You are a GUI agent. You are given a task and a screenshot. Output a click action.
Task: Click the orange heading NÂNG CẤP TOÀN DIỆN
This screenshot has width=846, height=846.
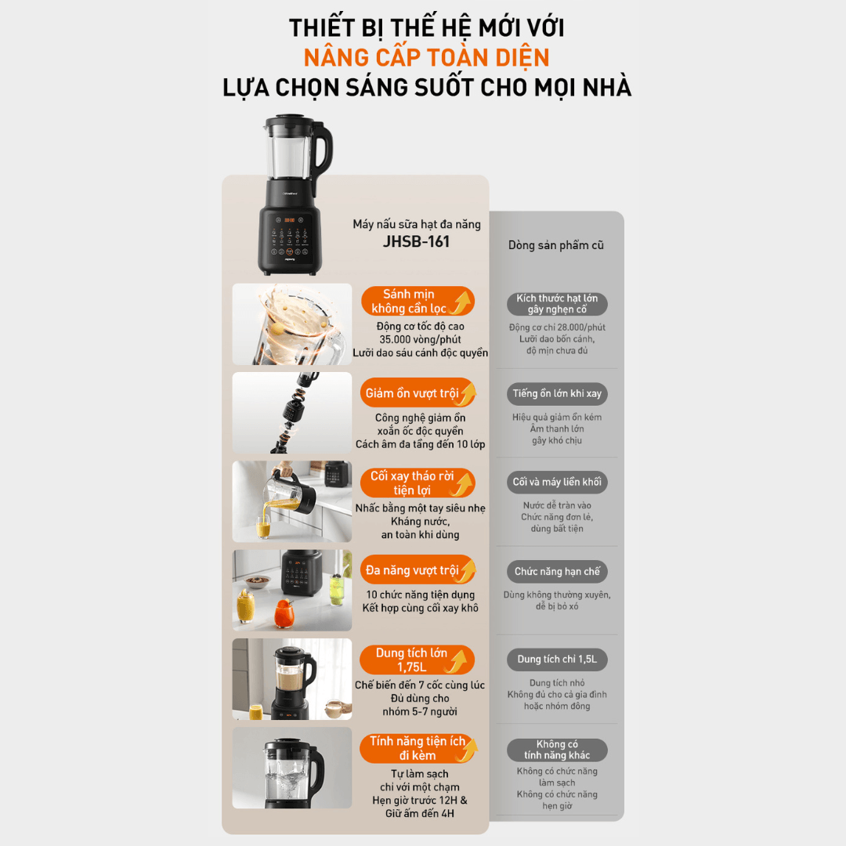tap(426, 57)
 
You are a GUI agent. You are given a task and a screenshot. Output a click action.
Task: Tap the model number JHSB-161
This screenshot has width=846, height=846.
tap(416, 241)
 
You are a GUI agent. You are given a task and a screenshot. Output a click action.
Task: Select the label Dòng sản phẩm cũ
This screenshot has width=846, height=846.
tap(555, 245)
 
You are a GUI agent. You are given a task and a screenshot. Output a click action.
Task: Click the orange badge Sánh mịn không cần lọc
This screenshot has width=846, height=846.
tap(418, 301)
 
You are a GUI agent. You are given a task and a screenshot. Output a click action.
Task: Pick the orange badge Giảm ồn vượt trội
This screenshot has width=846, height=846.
tap(418, 392)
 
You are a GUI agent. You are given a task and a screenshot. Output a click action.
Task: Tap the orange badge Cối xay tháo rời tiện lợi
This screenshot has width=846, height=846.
tap(418, 483)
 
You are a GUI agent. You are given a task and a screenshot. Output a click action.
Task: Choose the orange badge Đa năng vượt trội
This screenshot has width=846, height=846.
tap(418, 569)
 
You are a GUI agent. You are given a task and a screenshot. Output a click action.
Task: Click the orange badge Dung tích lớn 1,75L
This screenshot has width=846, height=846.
tap(418, 660)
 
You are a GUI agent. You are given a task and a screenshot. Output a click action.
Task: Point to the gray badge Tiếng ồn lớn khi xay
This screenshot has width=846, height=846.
tap(558, 393)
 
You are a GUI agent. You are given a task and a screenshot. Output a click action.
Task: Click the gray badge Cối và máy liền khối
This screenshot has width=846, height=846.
tap(558, 482)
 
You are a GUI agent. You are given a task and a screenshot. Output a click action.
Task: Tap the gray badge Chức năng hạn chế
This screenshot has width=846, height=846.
tap(558, 571)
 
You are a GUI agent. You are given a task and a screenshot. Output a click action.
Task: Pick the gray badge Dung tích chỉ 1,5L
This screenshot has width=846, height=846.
tap(558, 660)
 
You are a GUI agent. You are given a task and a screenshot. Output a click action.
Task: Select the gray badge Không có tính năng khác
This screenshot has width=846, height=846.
tap(558, 750)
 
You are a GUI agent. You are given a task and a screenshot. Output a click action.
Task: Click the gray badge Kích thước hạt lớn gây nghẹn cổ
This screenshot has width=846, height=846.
tap(558, 304)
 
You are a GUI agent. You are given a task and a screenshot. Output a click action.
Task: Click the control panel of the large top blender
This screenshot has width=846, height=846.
tap(290, 237)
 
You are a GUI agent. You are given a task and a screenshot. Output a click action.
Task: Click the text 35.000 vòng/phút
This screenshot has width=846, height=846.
tap(420, 339)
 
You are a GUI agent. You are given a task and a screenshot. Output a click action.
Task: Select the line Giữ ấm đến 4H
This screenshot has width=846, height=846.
tap(420, 813)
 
